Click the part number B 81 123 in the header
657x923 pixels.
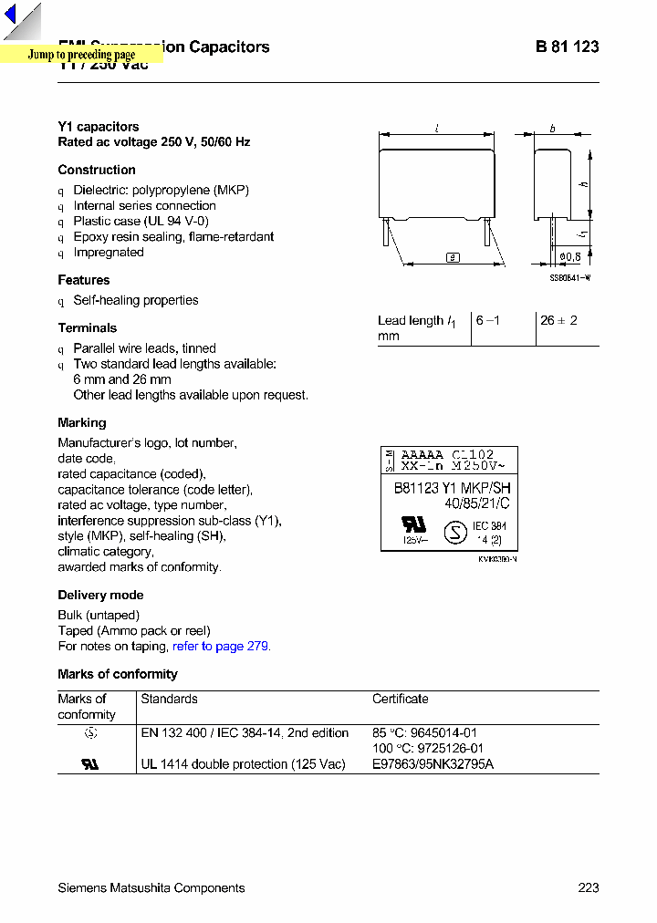[567, 47]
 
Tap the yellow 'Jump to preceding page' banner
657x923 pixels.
[81, 55]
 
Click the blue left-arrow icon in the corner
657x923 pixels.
[10, 16]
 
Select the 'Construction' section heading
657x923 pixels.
[97, 170]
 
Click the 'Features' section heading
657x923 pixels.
[84, 280]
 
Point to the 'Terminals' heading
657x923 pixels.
[88, 327]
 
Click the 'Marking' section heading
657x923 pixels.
[82, 422]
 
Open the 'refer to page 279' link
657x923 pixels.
[221, 646]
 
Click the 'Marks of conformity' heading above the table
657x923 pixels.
[118, 674]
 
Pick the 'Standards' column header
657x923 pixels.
[169, 699]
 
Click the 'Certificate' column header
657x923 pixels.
[400, 699]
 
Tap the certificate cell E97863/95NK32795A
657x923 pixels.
[433, 764]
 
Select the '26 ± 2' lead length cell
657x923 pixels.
[558, 320]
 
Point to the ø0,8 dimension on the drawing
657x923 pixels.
[569, 257]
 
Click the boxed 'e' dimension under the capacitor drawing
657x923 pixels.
[453, 257]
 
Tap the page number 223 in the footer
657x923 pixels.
[589, 887]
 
